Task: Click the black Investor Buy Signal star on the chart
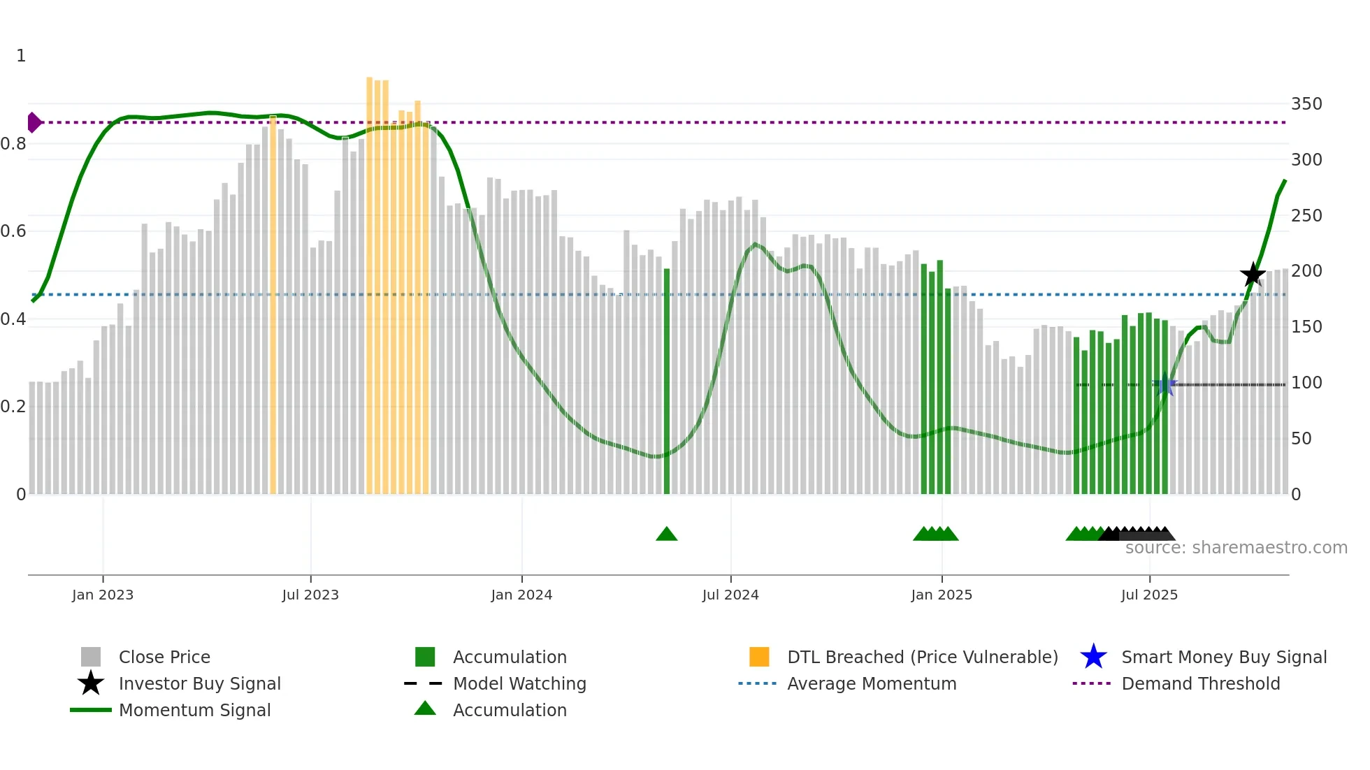pos(1253,275)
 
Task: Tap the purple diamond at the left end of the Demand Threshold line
pos(34,122)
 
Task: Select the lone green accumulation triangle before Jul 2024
pos(667,535)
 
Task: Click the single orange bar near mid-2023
pos(273,307)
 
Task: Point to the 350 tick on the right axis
pos(1306,104)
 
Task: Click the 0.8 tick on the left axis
pos(14,144)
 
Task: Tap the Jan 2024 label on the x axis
pos(521,595)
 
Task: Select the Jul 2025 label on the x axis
pos(1149,595)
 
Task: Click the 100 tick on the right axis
pos(1306,383)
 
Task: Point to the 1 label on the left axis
pos(21,56)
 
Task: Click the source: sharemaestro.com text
pos(1236,548)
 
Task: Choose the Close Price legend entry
pos(164,657)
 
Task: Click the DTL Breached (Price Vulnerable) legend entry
pos(922,657)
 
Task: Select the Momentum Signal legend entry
pos(194,710)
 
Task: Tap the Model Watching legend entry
pos(519,683)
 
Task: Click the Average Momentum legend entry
pos(872,683)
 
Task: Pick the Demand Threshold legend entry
pos(1200,683)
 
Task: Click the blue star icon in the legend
pos(1093,657)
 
